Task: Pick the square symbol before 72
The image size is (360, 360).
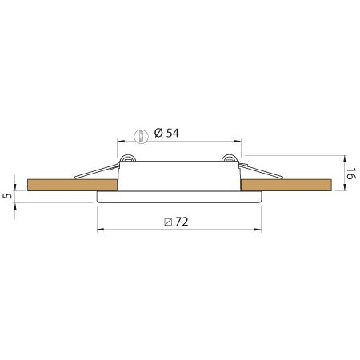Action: [166, 220]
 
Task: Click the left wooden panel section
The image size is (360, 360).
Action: [72, 185]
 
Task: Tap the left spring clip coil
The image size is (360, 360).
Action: [124, 158]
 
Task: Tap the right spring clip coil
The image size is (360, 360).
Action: [232, 158]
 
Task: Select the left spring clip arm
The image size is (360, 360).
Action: [96, 171]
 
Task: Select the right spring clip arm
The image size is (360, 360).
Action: [260, 171]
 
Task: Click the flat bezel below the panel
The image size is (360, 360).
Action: [180, 197]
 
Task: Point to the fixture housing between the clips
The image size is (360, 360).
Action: [180, 176]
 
